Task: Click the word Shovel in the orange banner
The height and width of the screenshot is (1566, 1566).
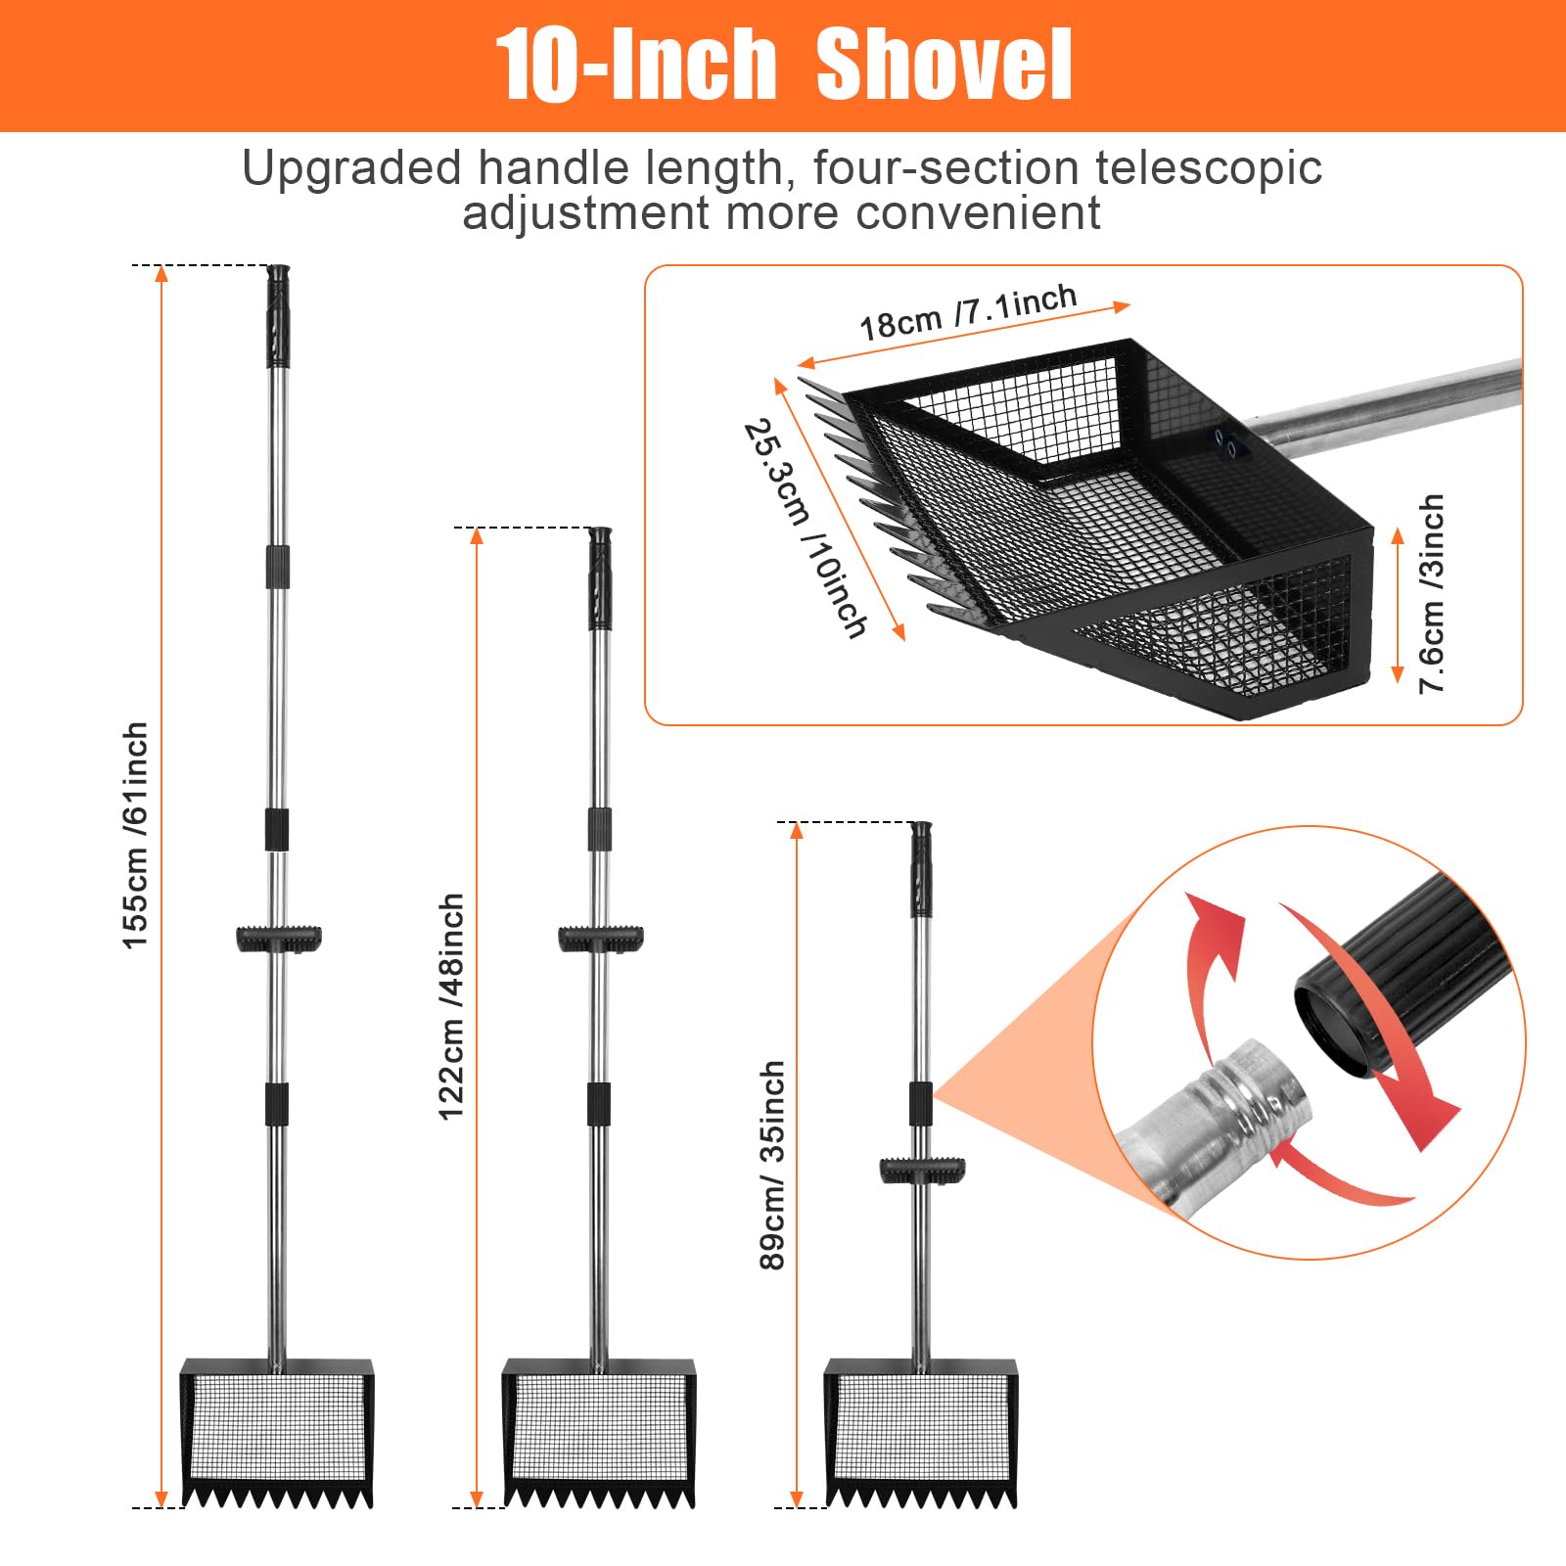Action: [x=944, y=65]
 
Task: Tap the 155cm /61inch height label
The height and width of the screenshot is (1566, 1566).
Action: [x=135, y=835]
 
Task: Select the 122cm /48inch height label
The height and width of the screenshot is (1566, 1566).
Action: [x=451, y=1006]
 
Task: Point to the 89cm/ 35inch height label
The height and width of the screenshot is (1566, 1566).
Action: [x=772, y=1165]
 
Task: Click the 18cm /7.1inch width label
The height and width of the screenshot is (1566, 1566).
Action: [x=968, y=311]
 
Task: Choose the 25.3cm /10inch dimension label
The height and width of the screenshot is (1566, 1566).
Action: [x=806, y=529]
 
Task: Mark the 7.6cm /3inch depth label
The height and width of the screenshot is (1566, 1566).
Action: [x=1432, y=593]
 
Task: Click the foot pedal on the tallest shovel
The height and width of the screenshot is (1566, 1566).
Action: [x=279, y=939]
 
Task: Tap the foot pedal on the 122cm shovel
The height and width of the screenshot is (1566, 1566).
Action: [x=601, y=939]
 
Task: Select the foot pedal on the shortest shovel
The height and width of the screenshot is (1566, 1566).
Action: [x=922, y=1171]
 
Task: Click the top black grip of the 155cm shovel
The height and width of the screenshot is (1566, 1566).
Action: [x=278, y=316]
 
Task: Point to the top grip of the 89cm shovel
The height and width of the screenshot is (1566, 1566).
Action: [x=921, y=868]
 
